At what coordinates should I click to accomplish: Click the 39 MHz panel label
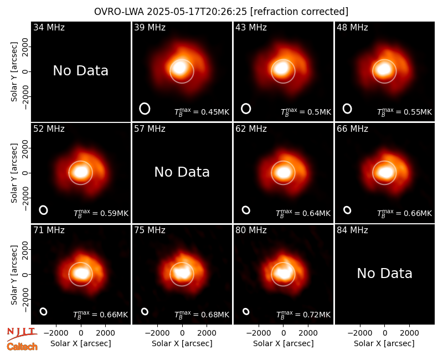[x=150, y=27]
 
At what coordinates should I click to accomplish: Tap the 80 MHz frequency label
[x=251, y=230]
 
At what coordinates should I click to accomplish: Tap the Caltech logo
[x=22, y=347]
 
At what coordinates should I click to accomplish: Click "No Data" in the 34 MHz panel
[x=80, y=71]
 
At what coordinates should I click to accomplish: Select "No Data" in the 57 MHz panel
[x=182, y=172]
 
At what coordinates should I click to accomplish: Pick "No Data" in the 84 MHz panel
[x=384, y=273]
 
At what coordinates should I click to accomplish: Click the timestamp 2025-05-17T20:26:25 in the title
[x=197, y=12]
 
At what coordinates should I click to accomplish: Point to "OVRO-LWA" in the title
[x=119, y=12]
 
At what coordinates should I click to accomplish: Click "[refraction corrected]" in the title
[x=299, y=12]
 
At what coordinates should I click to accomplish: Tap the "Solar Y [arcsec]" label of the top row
[x=14, y=72]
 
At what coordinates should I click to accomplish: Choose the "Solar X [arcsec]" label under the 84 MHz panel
[x=384, y=343]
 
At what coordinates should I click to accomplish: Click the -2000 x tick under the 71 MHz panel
[x=55, y=333]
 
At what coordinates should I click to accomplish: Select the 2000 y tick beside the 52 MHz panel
[x=25, y=148]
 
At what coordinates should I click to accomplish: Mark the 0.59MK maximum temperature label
[x=101, y=213]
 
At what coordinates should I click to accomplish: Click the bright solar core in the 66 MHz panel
[x=384, y=172]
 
